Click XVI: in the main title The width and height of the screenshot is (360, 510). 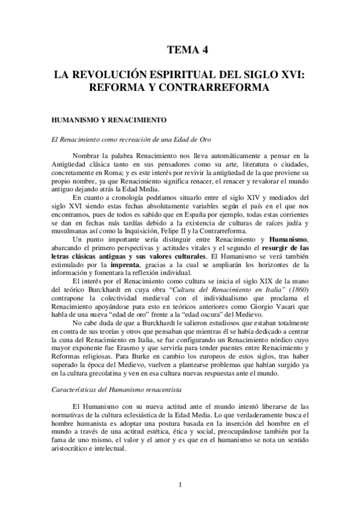290,76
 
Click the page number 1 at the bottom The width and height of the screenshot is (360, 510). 180,484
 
